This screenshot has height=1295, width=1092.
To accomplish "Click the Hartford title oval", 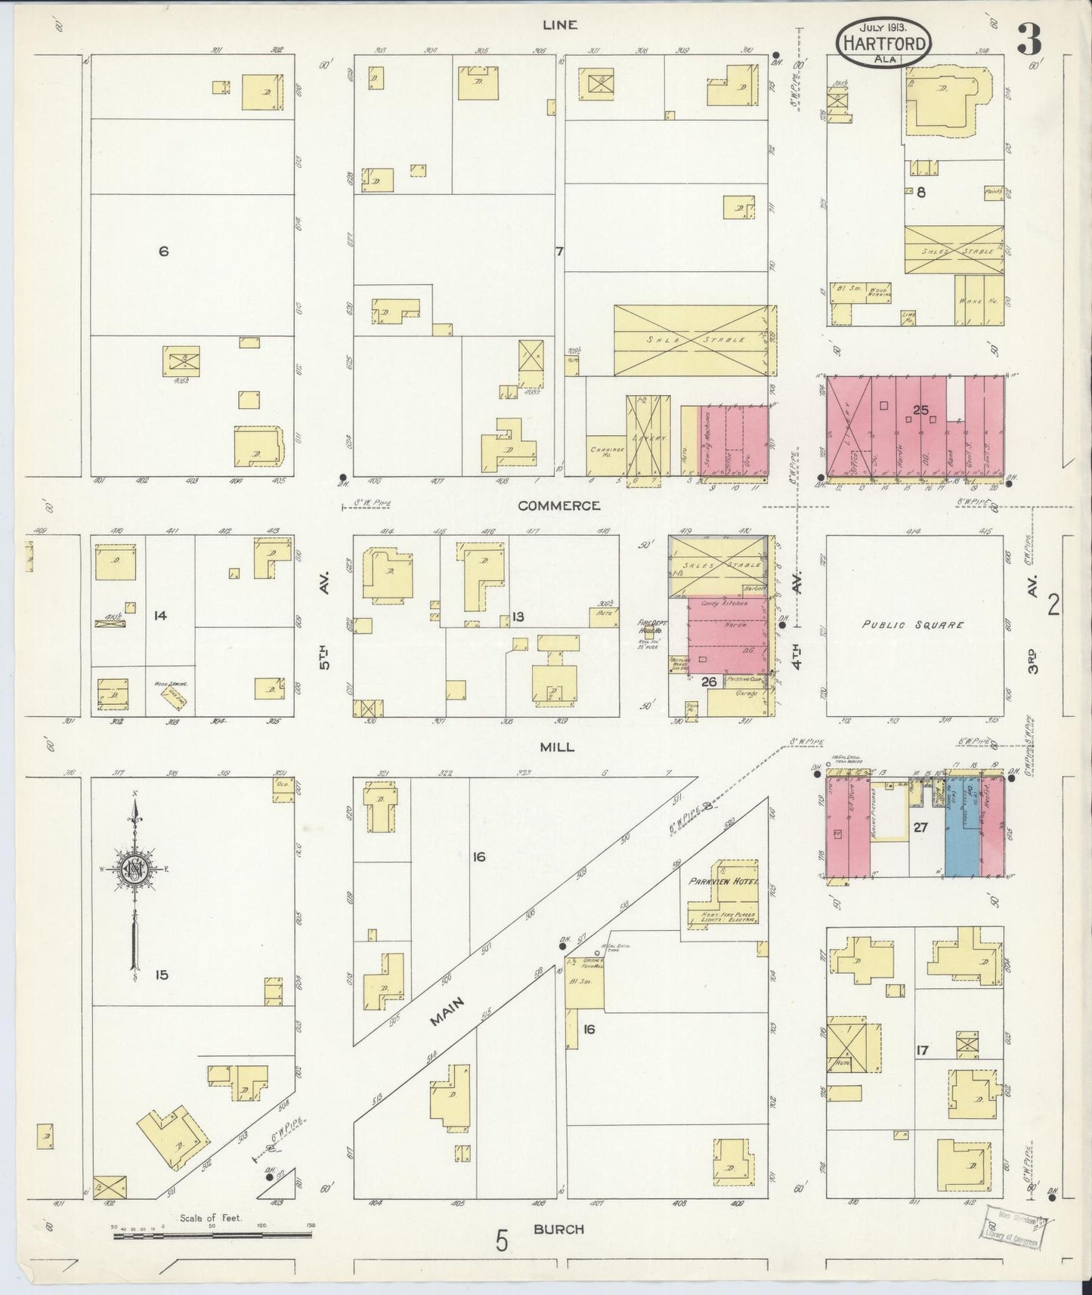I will pos(883,35).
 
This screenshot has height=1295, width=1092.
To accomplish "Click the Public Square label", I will pos(914,625).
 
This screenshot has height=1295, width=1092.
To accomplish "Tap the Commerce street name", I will pos(559,505).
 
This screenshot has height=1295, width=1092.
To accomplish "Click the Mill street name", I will pos(557,747).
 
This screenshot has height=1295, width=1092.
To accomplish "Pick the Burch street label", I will pos(558,1229).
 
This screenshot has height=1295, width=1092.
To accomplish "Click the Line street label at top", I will pos(560,25).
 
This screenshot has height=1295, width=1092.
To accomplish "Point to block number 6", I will pos(163,252).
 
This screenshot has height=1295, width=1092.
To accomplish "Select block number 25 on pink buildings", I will pos(920,410).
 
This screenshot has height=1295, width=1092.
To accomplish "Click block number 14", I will pos(159,616).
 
